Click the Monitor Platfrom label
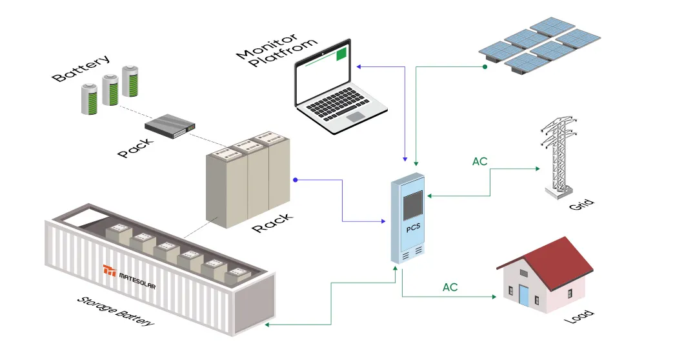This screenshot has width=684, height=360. tap(277, 49)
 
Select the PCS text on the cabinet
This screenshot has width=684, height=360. tap(413, 228)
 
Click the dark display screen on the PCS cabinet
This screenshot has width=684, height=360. tap(413, 205)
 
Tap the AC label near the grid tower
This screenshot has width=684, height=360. tap(479, 162)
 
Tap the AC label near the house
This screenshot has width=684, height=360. tap(450, 286)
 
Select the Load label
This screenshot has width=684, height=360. tap(578, 317)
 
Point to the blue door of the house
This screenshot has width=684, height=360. tap(523, 295)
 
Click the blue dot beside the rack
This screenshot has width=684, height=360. tap(295, 179)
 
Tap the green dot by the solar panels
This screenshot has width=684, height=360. tap(485, 66)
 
